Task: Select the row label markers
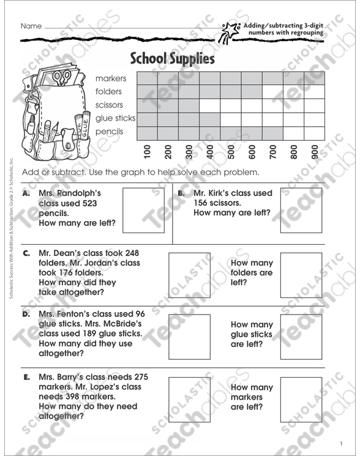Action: click(110, 78)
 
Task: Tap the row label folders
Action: click(109, 92)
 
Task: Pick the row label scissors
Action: click(109, 105)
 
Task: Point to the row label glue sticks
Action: click(115, 118)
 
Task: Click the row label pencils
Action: click(109, 131)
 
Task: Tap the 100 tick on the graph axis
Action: click(147, 152)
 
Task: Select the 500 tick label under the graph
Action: click(231, 152)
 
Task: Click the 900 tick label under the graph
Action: click(315, 152)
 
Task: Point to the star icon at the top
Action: click(231, 29)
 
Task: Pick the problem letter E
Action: click(26, 377)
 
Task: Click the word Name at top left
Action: click(31, 26)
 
